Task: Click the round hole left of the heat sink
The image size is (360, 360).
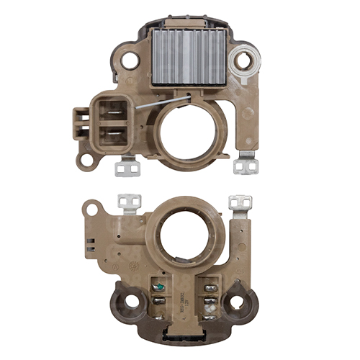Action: point(130,60)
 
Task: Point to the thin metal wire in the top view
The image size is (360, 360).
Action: point(162,103)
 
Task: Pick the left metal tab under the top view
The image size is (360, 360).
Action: point(126,167)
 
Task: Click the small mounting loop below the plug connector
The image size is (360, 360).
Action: point(86,160)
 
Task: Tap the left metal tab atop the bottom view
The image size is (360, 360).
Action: point(130,203)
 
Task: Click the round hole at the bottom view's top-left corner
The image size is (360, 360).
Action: point(90,210)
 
